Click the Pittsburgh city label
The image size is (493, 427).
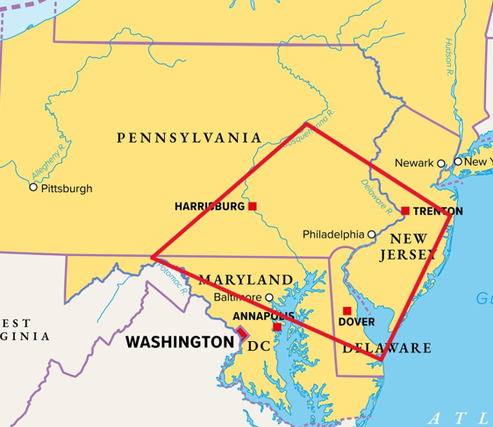[67, 189]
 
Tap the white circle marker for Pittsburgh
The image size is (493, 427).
[33, 188]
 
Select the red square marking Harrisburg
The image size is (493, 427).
[253, 207]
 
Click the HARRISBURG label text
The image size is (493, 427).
[210, 207]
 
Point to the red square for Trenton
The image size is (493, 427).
[405, 210]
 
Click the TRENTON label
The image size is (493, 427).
[438, 211]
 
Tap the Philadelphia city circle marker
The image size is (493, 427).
[372, 234]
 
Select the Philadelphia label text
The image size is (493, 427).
[333, 235]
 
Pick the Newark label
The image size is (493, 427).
[414, 163]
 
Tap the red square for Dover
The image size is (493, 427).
[347, 310]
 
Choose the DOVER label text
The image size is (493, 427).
[356, 323]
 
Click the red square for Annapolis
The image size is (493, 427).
[277, 327]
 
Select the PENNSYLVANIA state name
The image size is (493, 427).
[189, 138]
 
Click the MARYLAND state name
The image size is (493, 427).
[246, 280]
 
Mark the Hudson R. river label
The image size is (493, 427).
[447, 58]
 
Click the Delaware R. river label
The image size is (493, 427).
[376, 196]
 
